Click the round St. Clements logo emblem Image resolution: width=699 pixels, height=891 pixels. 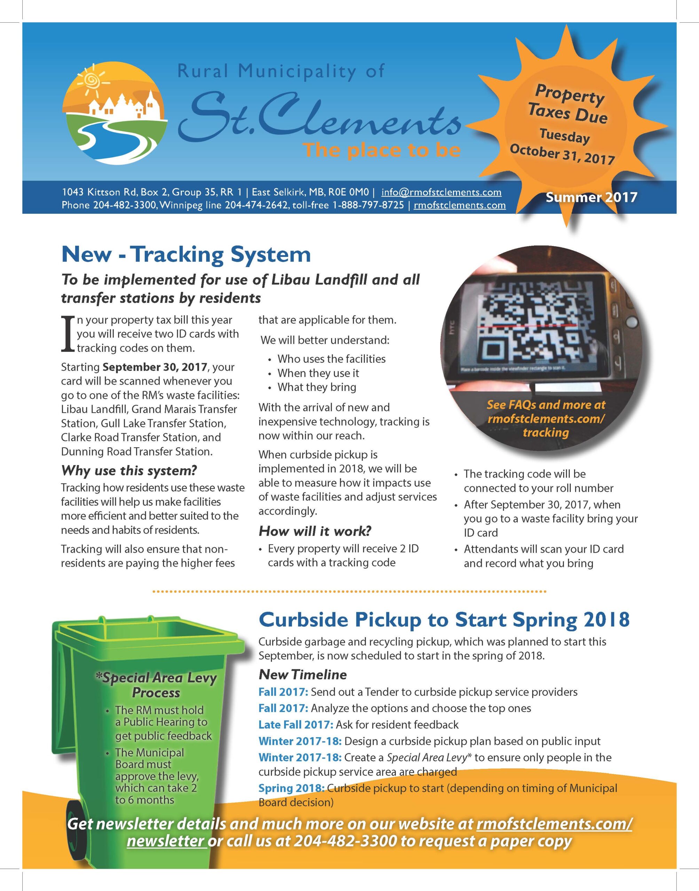pyautogui.click(x=114, y=113)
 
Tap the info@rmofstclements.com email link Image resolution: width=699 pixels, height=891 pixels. pyautogui.click(x=441, y=192)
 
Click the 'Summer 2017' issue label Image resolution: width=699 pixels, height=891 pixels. pyautogui.click(x=591, y=197)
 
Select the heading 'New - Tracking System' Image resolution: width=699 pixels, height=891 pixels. pyautogui.click(x=186, y=254)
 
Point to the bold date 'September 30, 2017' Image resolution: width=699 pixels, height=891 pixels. pyautogui.click(x=155, y=367)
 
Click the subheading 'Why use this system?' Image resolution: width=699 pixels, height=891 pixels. pyautogui.click(x=129, y=471)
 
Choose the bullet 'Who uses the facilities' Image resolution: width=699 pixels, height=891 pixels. pyautogui.click(x=331, y=359)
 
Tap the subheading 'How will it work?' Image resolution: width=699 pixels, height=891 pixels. pyautogui.click(x=315, y=531)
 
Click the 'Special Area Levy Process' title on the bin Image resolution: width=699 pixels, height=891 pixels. pyautogui.click(x=156, y=685)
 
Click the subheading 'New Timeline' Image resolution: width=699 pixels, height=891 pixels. pyautogui.click(x=303, y=674)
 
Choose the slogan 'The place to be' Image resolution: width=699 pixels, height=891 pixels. pyautogui.click(x=382, y=150)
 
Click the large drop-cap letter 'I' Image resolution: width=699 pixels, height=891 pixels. pyautogui.click(x=68, y=334)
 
